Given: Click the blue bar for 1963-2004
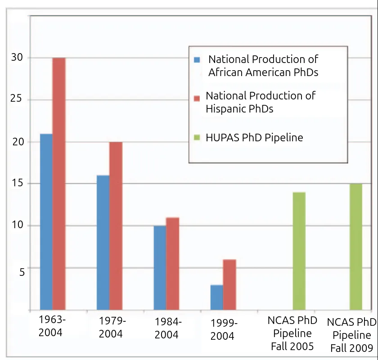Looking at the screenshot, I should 46,222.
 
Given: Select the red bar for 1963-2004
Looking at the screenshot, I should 59,184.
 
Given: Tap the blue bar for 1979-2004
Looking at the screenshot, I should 103,243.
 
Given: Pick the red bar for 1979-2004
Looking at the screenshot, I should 116,226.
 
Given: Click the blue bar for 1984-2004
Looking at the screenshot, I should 159,268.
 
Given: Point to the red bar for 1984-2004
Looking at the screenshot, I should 172,264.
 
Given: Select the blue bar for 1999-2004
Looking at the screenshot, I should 216,297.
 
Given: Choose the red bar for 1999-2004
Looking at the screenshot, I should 229,285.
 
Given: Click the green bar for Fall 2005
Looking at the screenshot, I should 299,251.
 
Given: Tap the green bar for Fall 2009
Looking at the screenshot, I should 356,247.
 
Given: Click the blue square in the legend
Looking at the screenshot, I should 197,59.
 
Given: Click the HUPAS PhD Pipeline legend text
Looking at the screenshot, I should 254,138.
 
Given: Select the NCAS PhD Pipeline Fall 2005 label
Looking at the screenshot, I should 292,333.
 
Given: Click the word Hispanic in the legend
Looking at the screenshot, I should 225,109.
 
